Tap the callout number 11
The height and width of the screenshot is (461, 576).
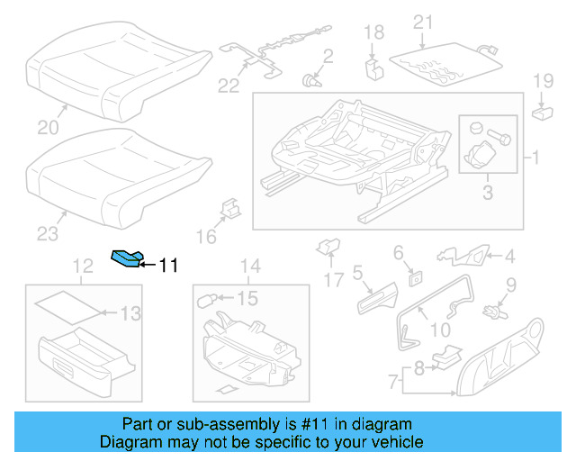tap(168, 266)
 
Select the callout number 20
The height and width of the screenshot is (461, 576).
tap(44, 128)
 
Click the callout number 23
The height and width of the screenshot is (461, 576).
tap(47, 235)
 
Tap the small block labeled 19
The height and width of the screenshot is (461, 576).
tap(543, 113)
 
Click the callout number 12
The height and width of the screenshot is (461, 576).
tap(83, 267)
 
